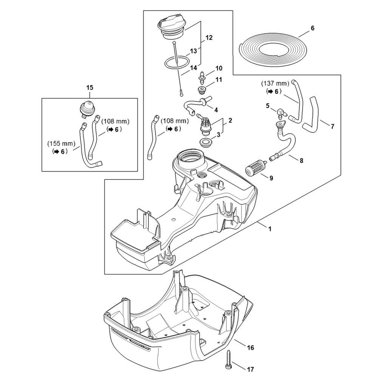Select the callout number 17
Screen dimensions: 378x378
click(x=251, y=369)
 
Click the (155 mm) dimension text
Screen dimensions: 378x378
click(x=61, y=144)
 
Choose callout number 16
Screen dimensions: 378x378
click(x=251, y=347)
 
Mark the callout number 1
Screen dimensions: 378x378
click(x=270, y=229)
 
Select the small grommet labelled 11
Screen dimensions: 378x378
click(x=201, y=90)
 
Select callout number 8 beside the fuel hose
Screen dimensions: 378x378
click(x=301, y=160)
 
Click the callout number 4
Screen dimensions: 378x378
click(x=216, y=110)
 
